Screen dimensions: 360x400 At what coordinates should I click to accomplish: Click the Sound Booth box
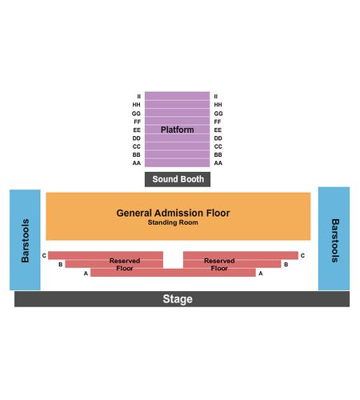[178, 179]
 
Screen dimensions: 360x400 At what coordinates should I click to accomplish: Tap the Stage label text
[178, 299]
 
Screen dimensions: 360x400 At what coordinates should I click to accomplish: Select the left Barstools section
[25, 240]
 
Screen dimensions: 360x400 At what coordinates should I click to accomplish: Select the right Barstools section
[334, 238]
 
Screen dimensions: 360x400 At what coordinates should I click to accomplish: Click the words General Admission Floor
[173, 213]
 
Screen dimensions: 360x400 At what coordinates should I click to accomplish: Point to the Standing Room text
[173, 222]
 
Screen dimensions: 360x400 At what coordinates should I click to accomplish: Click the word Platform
[177, 130]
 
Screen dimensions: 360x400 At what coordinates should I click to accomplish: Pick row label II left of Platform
[139, 97]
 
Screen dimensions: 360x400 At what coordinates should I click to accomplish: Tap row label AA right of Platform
[218, 163]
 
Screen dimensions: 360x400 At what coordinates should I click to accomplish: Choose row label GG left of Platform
[136, 114]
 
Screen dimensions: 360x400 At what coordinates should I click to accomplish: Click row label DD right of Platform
[218, 138]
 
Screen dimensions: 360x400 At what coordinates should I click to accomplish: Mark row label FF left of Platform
[138, 122]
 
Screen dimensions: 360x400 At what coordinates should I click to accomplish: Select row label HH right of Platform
[218, 105]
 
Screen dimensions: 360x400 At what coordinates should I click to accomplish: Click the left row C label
[44, 255]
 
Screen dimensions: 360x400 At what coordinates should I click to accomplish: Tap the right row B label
[286, 265]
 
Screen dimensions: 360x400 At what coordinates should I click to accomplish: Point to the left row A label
[86, 274]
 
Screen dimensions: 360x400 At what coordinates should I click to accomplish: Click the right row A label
[261, 274]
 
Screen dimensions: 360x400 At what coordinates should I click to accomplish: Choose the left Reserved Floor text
[125, 265]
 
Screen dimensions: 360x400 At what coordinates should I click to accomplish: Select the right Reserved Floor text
[219, 265]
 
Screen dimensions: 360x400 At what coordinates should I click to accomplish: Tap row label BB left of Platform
[137, 154]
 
